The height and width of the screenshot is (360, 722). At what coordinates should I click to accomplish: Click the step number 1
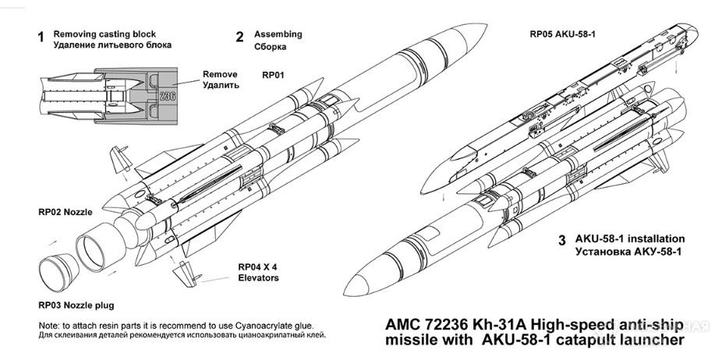(41, 37)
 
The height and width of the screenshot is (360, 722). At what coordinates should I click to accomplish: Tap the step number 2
(240, 37)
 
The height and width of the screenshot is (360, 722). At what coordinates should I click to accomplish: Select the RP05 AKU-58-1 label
(567, 35)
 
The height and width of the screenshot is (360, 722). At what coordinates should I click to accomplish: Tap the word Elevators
(259, 278)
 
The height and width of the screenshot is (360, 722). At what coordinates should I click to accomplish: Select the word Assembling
(278, 35)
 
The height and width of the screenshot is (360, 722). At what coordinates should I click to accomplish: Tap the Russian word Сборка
(271, 47)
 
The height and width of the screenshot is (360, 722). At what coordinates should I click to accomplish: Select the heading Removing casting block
(104, 34)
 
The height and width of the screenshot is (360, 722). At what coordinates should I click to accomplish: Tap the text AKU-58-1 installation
(629, 238)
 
